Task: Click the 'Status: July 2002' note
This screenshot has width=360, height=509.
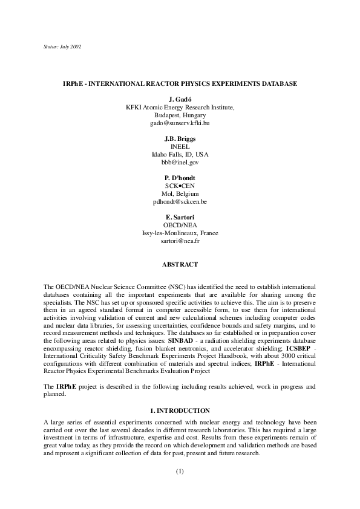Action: [x=64, y=46]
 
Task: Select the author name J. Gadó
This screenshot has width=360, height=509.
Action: [x=180, y=99]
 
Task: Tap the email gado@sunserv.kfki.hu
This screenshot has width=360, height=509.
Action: [x=180, y=123]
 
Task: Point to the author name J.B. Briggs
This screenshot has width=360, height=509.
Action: [x=180, y=138]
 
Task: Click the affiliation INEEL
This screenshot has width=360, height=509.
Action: [x=180, y=146]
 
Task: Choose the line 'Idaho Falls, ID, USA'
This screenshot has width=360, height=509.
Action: [x=180, y=154]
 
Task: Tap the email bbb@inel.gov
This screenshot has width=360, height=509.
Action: [x=180, y=163]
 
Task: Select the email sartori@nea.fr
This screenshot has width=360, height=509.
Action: [x=180, y=241]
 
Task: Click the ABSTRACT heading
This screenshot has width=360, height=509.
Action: [x=180, y=264]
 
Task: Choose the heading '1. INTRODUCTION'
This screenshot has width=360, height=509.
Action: [x=180, y=410]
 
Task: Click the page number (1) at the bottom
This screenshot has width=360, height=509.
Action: [x=180, y=471]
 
